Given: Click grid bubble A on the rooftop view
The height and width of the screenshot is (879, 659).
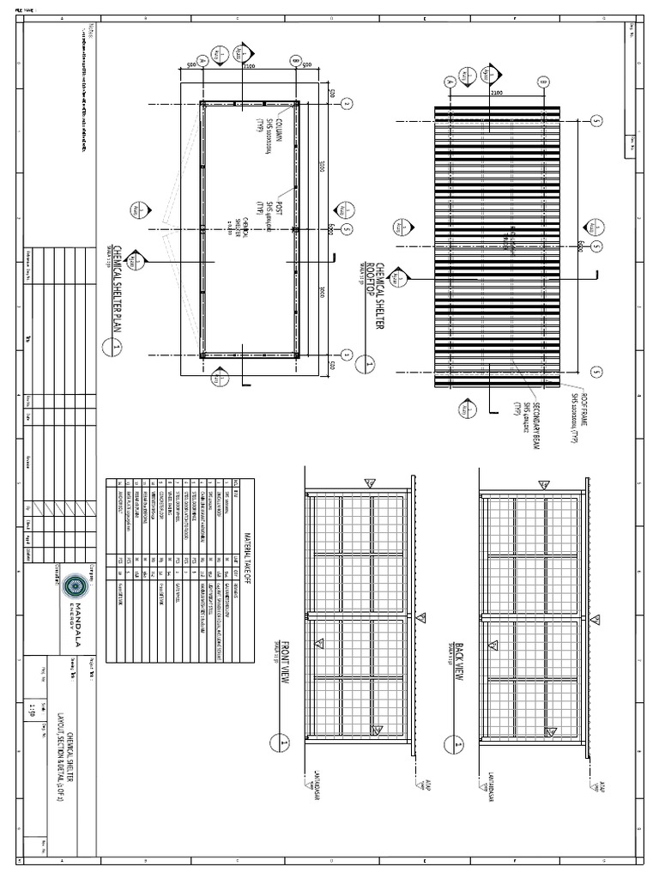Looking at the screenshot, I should (449, 82).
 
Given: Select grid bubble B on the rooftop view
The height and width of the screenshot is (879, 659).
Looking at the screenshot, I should (542, 82).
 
